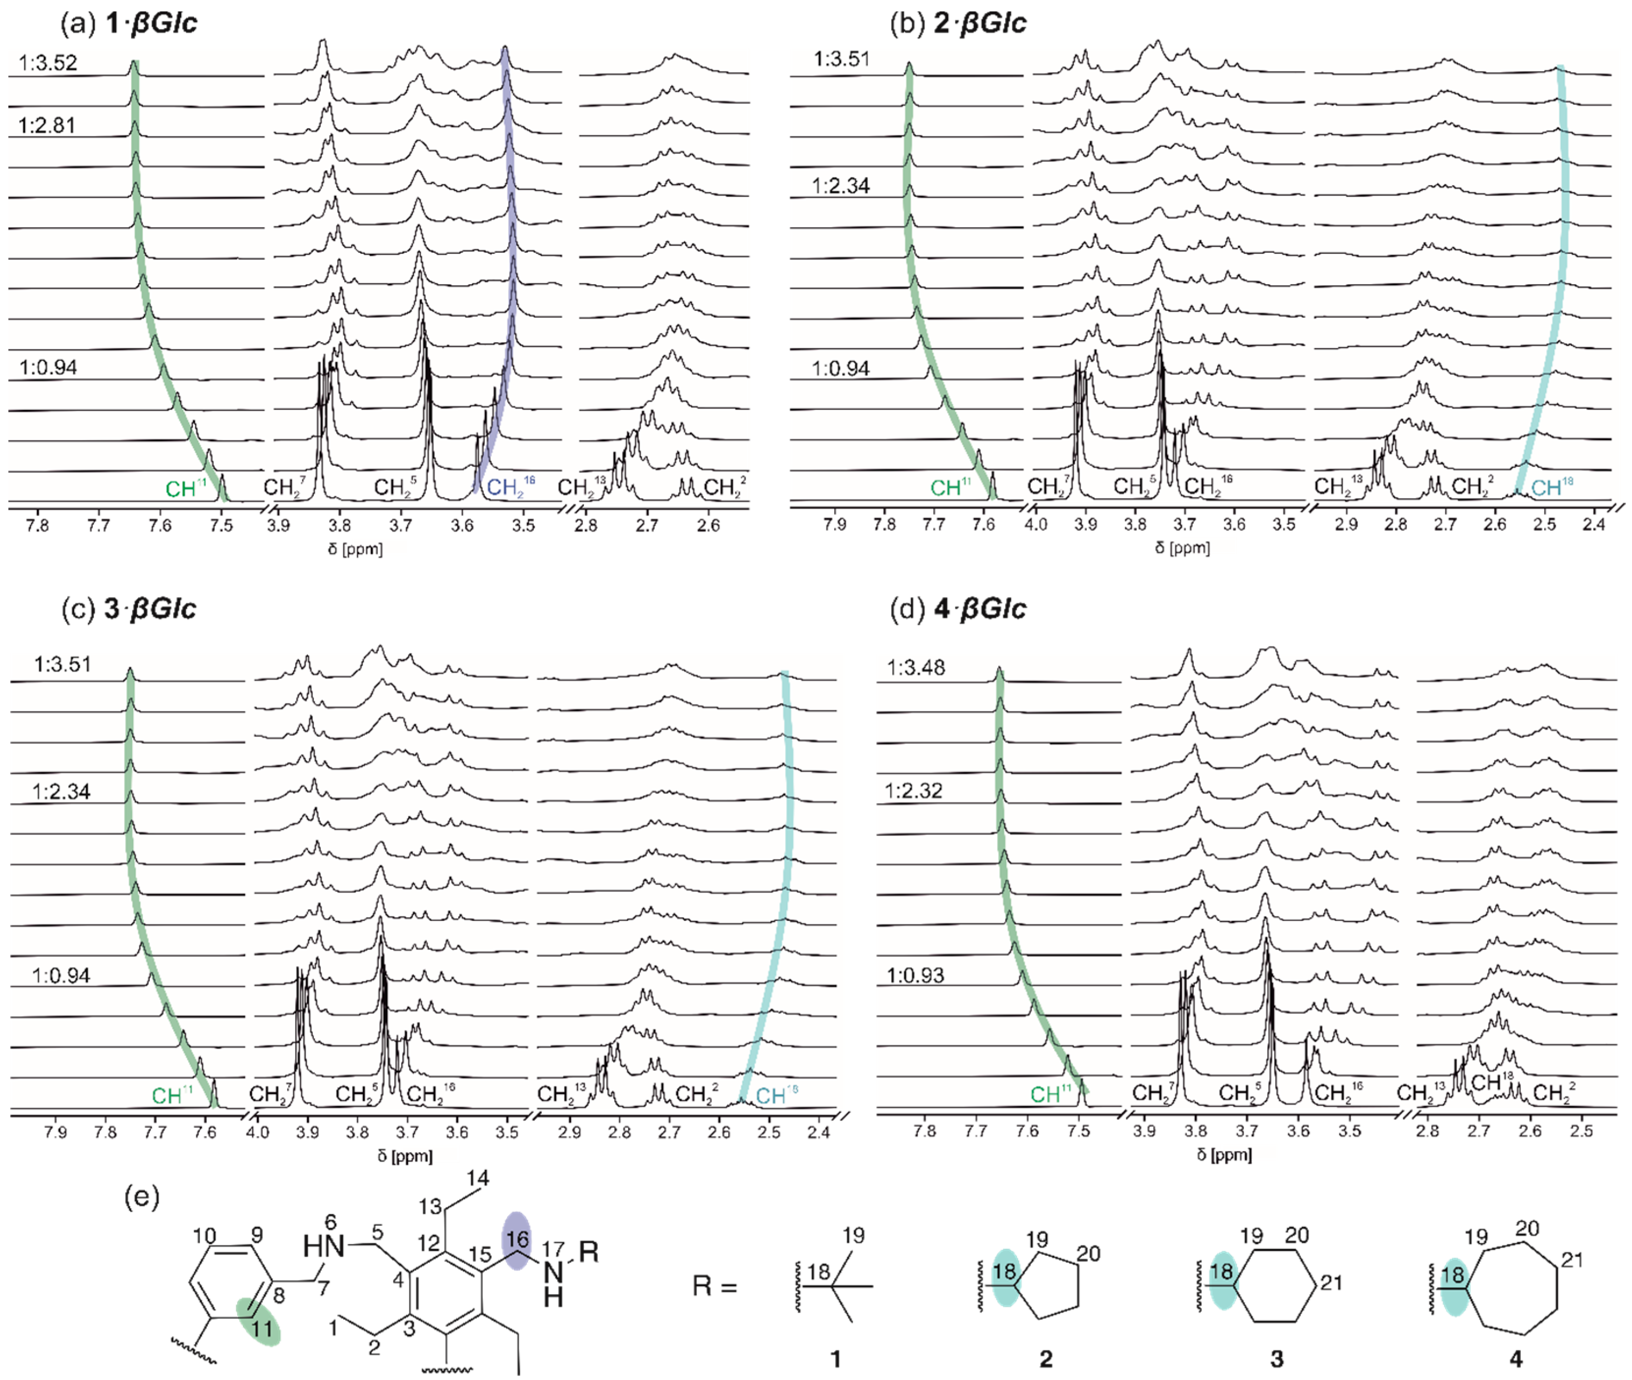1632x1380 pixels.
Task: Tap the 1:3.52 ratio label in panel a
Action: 49,62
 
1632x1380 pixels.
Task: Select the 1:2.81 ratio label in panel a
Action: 47,125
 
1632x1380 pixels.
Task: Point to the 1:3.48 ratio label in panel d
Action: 915,667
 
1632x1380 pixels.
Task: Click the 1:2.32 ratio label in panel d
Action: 913,790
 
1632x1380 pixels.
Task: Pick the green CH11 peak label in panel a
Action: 186,488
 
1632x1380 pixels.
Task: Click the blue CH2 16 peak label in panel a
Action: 510,487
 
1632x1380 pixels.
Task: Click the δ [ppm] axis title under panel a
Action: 355,549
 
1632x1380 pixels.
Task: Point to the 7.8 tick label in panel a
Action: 37,525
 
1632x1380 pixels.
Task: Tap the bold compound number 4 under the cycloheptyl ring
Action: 1516,1359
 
